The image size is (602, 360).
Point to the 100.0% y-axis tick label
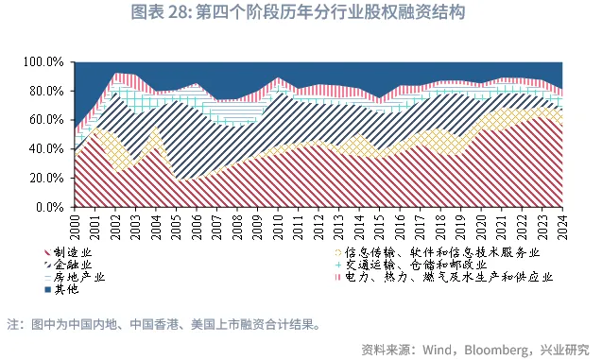pos(43,62)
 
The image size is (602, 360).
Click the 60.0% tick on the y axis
pos(45,120)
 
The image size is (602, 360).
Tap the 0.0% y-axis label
pos(49,206)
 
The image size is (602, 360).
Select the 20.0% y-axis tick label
pos(45,178)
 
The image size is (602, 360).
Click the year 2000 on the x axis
pos(77,226)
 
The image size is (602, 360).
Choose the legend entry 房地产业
pos(83,278)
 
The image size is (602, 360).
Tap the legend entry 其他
pos(69,290)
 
